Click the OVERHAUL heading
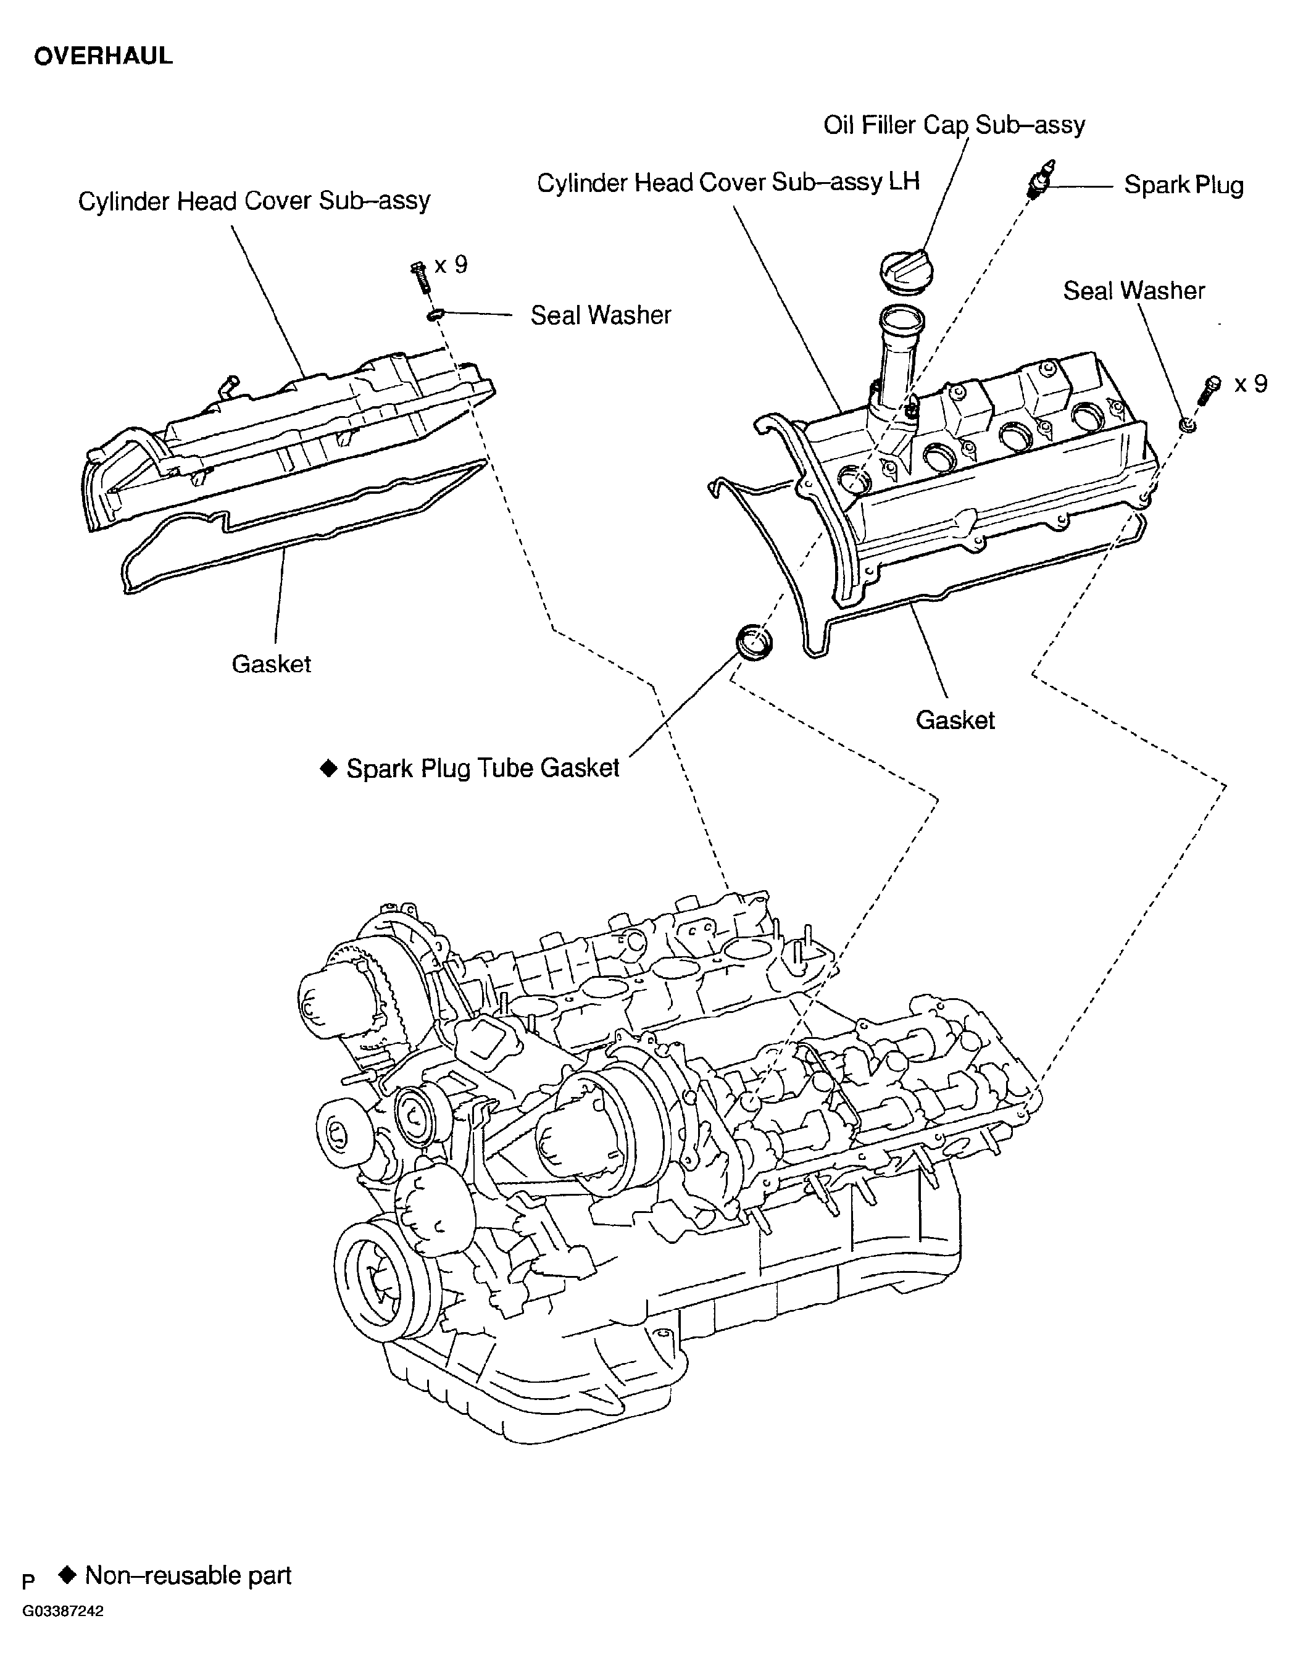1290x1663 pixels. click(103, 56)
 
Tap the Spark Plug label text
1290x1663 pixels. click(1183, 185)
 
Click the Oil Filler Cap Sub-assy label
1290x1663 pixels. click(954, 124)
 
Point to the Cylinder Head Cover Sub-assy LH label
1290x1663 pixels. click(727, 182)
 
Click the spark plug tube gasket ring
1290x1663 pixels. click(753, 641)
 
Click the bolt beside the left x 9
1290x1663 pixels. click(420, 276)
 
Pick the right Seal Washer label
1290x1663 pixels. click(1133, 290)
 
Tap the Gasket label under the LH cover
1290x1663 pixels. click(954, 720)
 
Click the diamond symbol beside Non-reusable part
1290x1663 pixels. click(68, 1574)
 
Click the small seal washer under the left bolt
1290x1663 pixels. click(435, 314)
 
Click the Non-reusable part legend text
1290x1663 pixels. click(188, 1575)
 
